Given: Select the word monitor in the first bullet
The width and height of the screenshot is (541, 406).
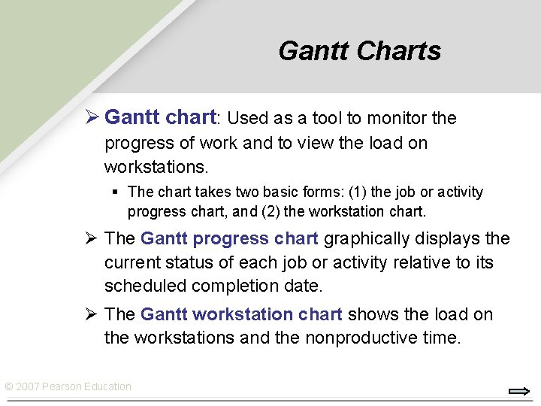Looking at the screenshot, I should [397, 118].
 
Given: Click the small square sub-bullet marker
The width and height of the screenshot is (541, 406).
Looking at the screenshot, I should [114, 192].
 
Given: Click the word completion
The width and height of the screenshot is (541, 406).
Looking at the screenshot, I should [236, 286].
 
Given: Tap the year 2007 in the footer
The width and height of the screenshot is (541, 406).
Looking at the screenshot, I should [27, 386].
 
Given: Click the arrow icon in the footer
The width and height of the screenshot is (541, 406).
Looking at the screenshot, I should [519, 391].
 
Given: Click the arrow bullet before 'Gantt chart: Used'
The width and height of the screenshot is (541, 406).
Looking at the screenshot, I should [91, 118].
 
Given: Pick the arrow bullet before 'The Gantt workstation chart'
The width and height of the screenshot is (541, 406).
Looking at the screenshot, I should [91, 314].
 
